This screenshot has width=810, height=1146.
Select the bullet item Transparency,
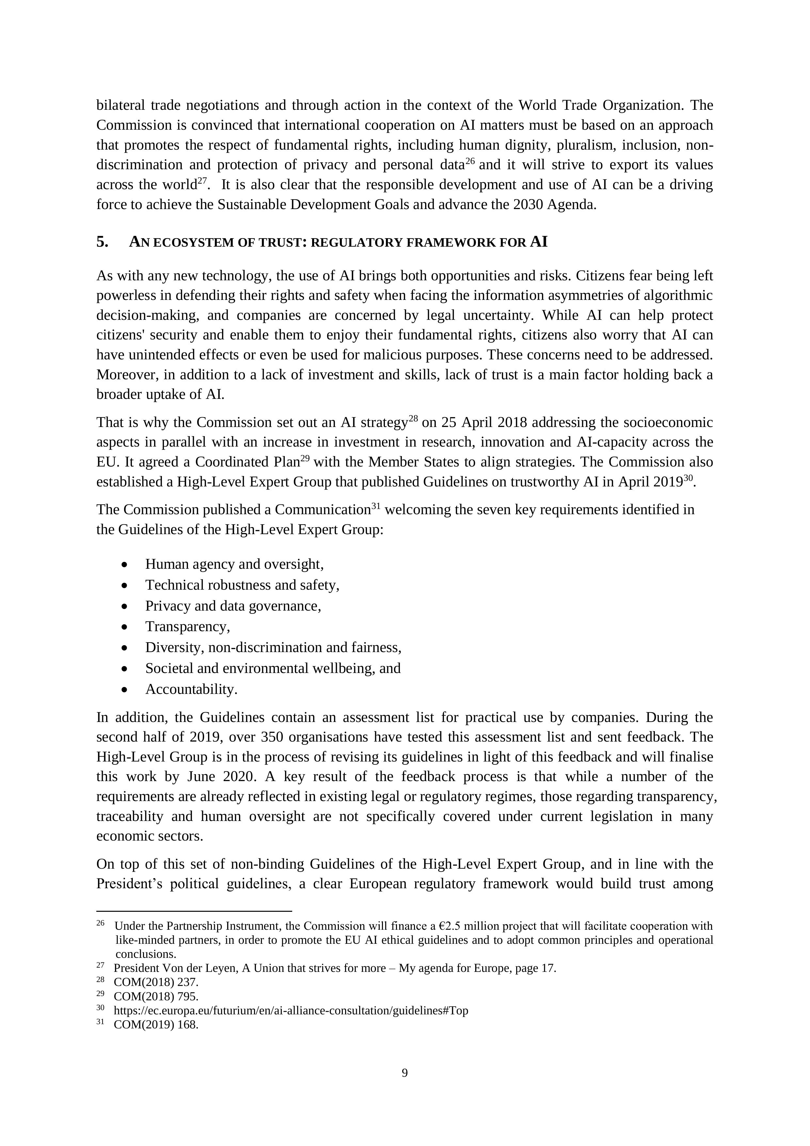(x=187, y=626)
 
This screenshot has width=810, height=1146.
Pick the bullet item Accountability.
(x=191, y=689)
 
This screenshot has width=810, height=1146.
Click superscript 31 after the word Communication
(x=376, y=506)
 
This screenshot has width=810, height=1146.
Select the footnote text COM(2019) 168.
(x=156, y=1025)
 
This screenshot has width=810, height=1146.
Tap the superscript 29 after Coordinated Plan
(x=305, y=458)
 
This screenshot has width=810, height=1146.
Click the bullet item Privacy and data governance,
(x=233, y=606)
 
